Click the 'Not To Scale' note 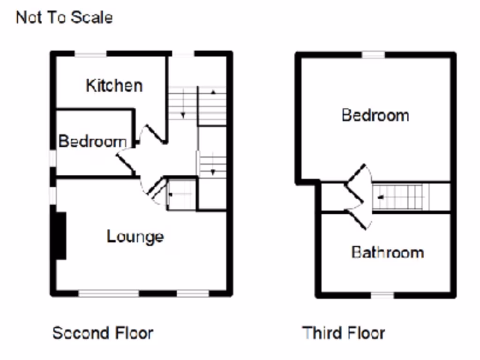click(64, 18)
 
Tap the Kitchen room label click(114, 85)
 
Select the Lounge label click(135, 236)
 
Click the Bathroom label click(387, 252)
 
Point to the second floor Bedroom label click(92, 141)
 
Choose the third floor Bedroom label click(375, 115)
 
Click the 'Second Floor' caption click(102, 333)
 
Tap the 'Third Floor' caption click(344, 333)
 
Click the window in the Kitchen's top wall click(91, 54)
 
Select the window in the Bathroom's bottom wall click(383, 295)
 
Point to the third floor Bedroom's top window click(373, 55)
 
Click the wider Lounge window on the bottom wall click(109, 293)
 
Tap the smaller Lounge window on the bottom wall click(193, 293)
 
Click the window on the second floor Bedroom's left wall click(53, 158)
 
